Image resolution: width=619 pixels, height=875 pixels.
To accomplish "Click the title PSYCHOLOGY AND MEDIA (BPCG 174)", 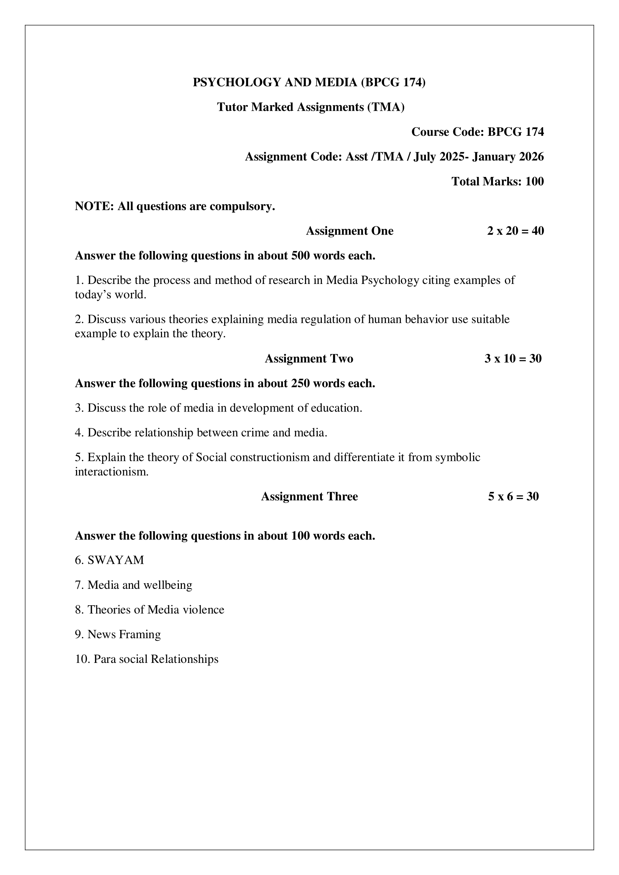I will (309, 82).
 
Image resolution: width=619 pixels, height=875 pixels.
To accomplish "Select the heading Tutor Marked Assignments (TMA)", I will (311, 107).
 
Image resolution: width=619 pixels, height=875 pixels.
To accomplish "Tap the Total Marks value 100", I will (534, 181).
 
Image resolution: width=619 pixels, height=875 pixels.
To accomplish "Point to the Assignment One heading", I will (350, 231).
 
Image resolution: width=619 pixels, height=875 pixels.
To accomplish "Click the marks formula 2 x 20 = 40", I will (515, 231).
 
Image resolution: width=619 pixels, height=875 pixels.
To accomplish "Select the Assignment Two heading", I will (309, 359).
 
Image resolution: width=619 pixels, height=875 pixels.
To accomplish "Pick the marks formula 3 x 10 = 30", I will (513, 359).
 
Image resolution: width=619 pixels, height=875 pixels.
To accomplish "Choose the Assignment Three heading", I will (309, 496).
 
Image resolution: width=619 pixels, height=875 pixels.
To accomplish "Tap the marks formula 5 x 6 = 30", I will (513, 496).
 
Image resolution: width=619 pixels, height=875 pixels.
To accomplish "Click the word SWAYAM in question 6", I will (116, 560).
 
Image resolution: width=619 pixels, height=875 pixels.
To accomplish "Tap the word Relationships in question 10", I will (185, 659).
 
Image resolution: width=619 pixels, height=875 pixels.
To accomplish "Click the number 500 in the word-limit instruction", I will (301, 256).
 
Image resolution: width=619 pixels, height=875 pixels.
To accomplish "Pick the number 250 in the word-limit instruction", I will (301, 383).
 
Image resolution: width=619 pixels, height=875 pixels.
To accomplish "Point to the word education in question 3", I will (336, 408).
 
